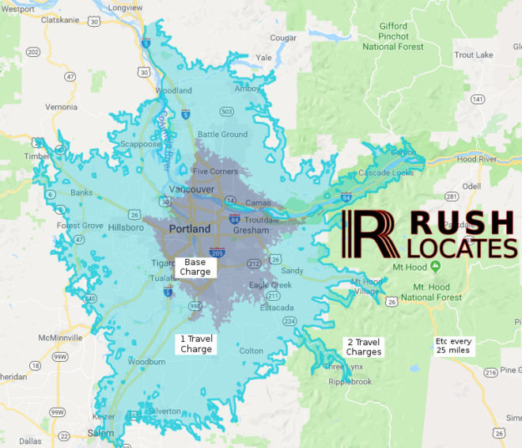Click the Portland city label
coord(190,229)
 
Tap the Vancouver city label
coord(191,190)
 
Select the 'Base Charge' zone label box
coord(195,267)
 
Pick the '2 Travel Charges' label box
coord(364,347)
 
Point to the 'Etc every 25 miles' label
coord(453,346)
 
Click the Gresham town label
coord(251,230)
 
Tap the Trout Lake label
coord(474,55)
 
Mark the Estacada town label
coord(277,308)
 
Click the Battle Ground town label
coord(222,135)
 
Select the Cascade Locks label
coord(385,173)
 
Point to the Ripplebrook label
coord(350,381)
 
